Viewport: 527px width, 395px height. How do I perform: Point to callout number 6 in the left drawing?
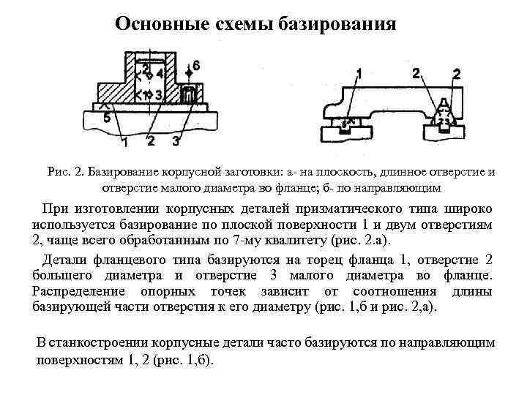click(195, 65)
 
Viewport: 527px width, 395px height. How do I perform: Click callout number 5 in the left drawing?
click(107, 117)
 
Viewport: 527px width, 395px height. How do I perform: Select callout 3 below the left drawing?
click(176, 140)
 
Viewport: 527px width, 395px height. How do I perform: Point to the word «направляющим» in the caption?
click(401, 187)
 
